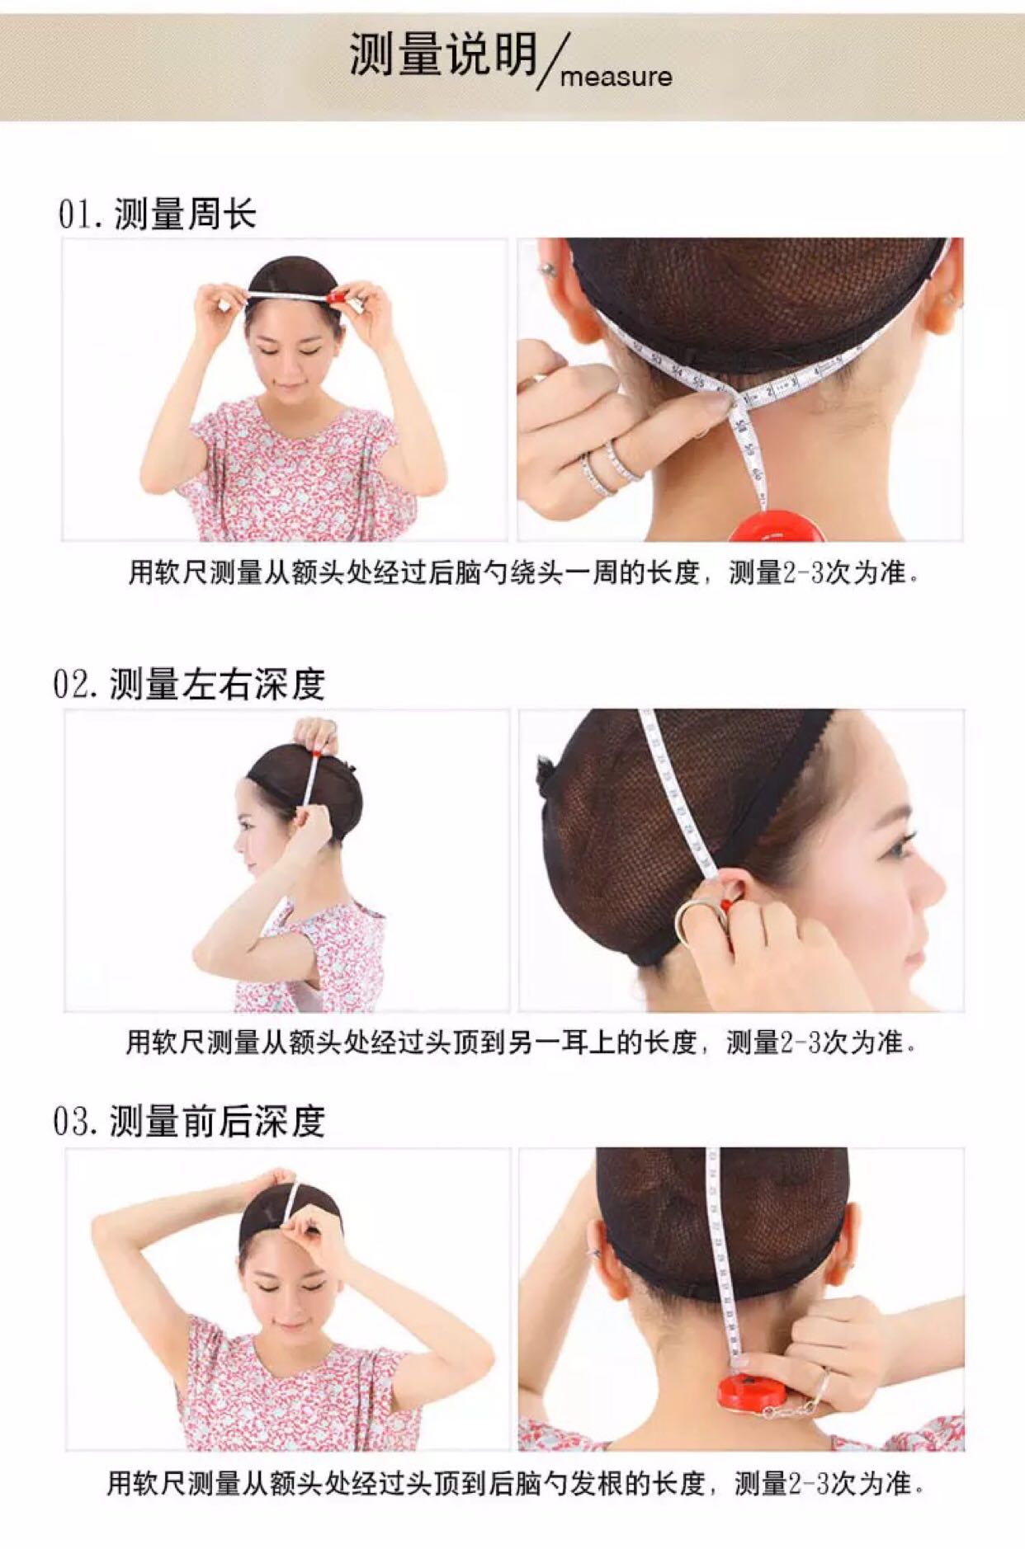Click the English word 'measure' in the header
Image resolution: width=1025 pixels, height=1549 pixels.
[x=616, y=78]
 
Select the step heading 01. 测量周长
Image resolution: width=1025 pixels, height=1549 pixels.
[x=157, y=214]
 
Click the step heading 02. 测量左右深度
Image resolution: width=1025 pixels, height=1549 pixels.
[x=189, y=685]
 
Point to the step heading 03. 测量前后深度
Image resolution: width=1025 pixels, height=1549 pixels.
[x=189, y=1121]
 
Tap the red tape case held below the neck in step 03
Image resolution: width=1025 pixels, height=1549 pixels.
[x=749, y=1392]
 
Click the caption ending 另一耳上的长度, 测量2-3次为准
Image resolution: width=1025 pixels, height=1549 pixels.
[x=521, y=1043]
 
